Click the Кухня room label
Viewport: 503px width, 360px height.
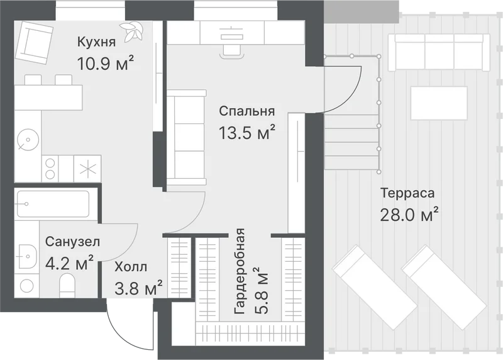click(x=96, y=42)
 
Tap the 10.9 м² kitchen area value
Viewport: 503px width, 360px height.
click(x=105, y=63)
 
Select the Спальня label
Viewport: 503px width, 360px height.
click(x=246, y=111)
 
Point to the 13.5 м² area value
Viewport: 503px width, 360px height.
click(x=246, y=132)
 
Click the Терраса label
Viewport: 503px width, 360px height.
click(x=407, y=193)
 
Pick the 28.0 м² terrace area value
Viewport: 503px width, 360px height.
click(x=409, y=214)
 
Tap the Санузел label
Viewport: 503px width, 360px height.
click(x=72, y=242)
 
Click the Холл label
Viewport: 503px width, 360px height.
click(x=131, y=267)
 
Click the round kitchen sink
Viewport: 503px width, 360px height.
click(x=28, y=140)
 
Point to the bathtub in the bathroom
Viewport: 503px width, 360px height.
click(x=53, y=204)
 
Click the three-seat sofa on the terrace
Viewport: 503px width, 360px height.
click(x=439, y=52)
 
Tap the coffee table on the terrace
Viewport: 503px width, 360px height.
click(x=439, y=103)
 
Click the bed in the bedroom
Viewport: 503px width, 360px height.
click(x=186, y=138)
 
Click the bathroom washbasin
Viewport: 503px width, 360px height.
click(x=28, y=257)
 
